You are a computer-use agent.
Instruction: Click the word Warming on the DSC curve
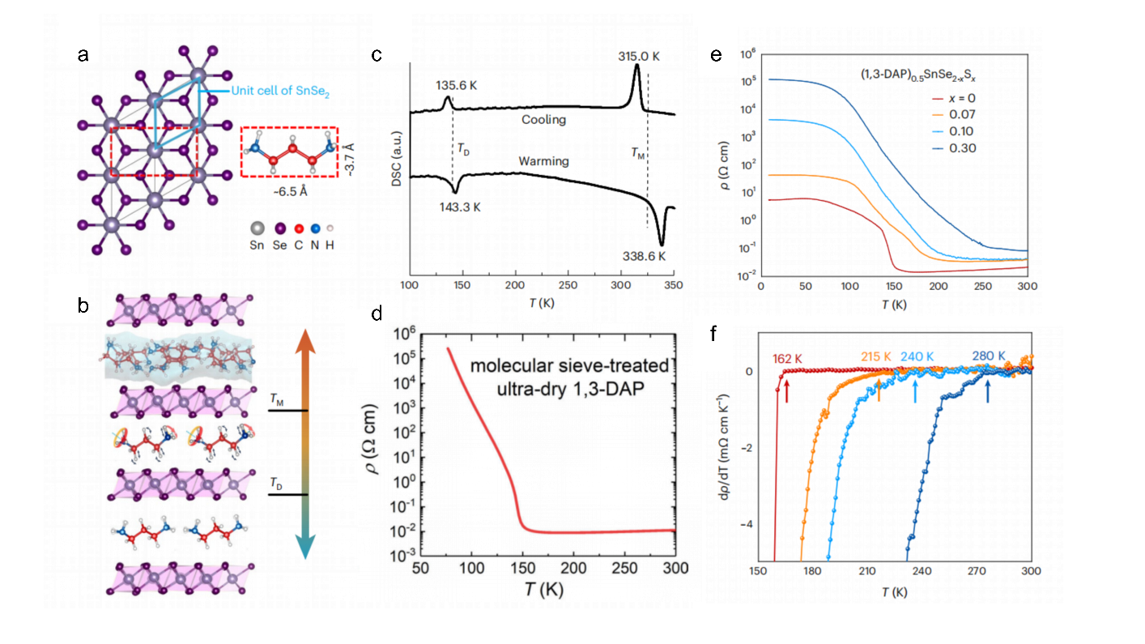(544, 161)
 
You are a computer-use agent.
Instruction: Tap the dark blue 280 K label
(989, 355)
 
